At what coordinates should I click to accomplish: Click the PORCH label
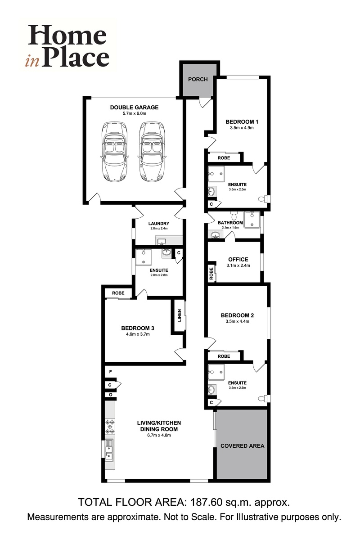pyautogui.click(x=198, y=79)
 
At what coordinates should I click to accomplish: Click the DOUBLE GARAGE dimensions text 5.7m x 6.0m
pyautogui.click(x=135, y=114)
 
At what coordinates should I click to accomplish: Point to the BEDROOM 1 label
pyautogui.click(x=242, y=121)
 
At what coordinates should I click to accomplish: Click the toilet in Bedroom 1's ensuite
pyautogui.click(x=264, y=198)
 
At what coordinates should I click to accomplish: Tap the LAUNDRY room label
pyautogui.click(x=158, y=223)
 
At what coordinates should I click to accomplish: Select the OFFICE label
pyautogui.click(x=238, y=259)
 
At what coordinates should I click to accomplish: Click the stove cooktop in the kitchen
pyautogui.click(x=110, y=426)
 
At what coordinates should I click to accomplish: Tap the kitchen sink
pyautogui.click(x=110, y=450)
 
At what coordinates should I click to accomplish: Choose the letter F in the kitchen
pyautogui.click(x=110, y=372)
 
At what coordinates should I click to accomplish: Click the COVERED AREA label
pyautogui.click(x=242, y=446)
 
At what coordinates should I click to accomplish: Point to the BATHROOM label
pyautogui.click(x=230, y=223)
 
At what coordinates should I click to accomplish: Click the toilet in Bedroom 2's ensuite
pyautogui.click(x=264, y=398)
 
